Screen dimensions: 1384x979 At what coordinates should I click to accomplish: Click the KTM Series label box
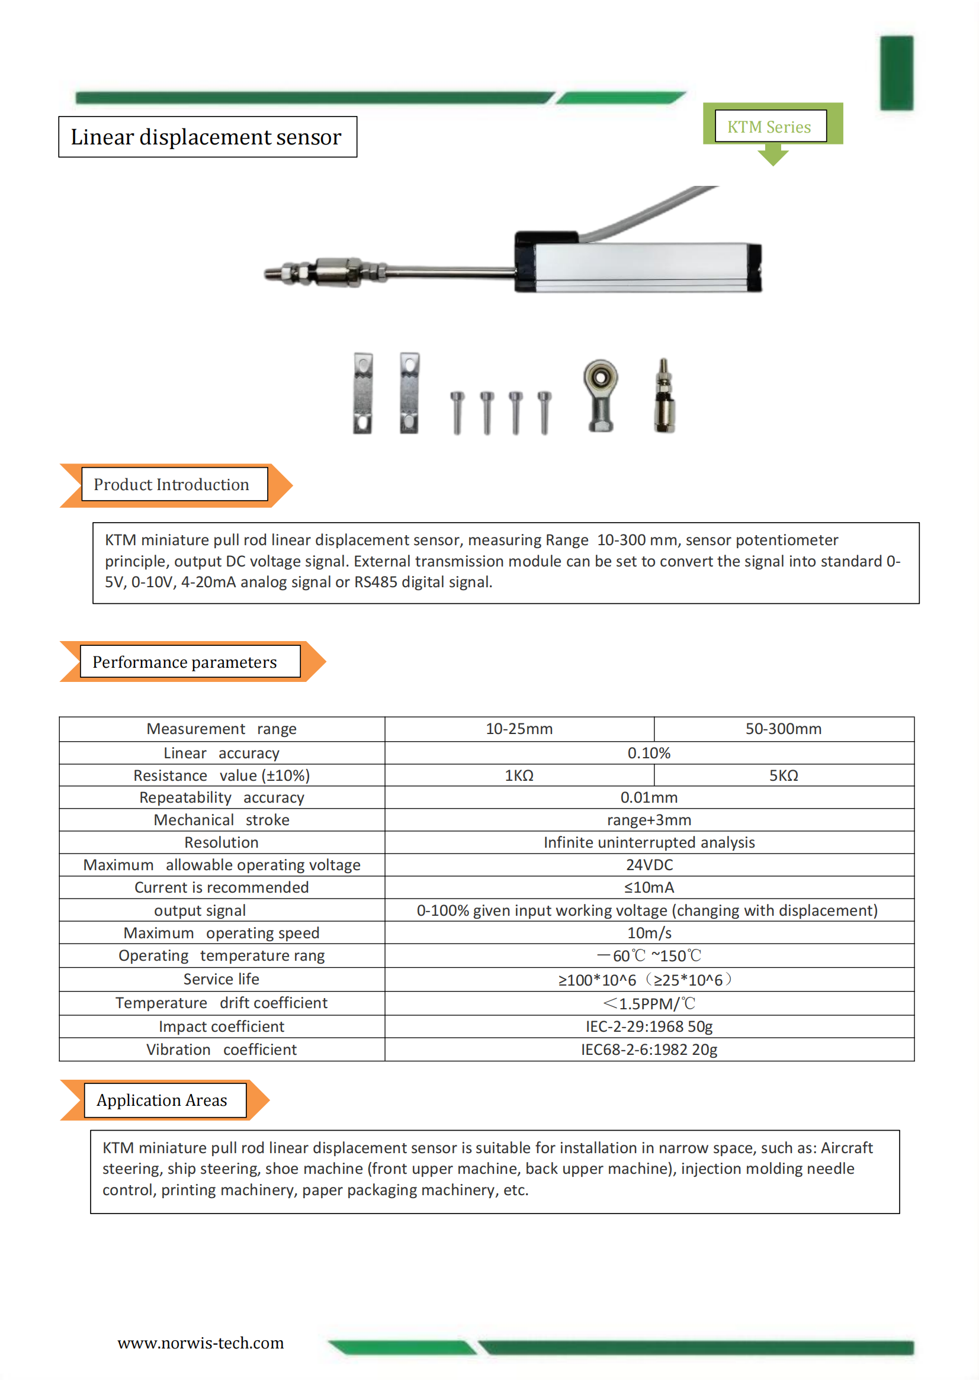[770, 126]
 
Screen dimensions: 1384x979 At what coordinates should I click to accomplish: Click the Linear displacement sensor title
[207, 137]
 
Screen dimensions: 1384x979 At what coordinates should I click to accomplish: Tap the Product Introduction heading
[172, 485]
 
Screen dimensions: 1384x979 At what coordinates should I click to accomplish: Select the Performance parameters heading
[185, 662]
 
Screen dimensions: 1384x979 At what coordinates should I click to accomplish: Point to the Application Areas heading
[162, 1100]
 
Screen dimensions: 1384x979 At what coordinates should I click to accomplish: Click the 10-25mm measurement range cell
[519, 729]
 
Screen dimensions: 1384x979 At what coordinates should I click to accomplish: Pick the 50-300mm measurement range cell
[783, 729]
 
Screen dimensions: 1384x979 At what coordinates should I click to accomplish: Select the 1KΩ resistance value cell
[519, 775]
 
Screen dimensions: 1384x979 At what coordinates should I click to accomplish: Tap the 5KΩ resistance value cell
[783, 775]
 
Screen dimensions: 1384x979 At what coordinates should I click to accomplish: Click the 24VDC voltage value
[649, 865]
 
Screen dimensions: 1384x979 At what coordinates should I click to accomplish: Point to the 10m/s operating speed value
[649, 933]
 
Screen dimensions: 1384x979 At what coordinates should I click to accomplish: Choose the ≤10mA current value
[649, 887]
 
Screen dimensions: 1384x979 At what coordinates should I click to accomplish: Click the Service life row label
[222, 979]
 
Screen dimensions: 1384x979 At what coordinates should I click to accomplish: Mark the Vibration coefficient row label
[222, 1050]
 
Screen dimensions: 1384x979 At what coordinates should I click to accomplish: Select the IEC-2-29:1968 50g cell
[649, 1026]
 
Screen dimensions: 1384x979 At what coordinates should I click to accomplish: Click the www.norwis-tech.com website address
[200, 1343]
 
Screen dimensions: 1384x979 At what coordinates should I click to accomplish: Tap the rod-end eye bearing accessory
[600, 394]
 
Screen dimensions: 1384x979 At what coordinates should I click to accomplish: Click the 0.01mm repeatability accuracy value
[649, 797]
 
